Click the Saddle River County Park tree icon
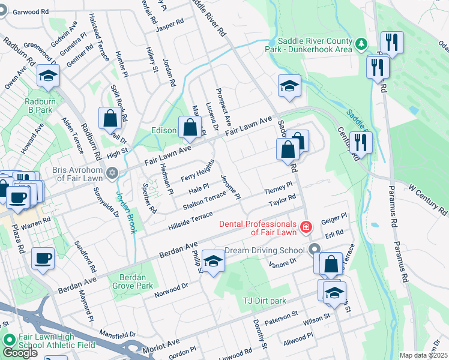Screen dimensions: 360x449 (361, 43)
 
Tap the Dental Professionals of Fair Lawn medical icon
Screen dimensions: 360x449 (306, 227)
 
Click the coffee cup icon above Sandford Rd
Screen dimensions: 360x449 (43, 259)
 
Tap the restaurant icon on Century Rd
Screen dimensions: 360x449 (361, 143)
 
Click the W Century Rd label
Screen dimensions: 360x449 (420, 202)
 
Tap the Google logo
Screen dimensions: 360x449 (20, 353)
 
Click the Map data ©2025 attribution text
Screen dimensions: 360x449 (423, 355)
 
